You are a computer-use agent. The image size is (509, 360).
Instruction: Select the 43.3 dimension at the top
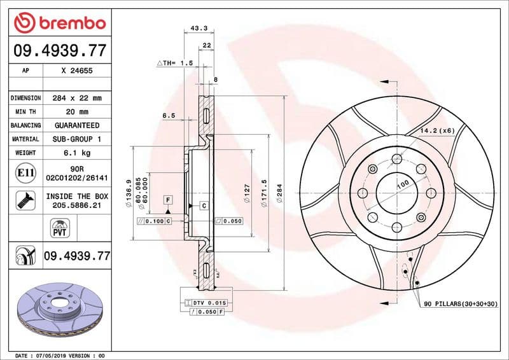[199, 28]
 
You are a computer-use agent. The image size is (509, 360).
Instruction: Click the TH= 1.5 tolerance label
[174, 64]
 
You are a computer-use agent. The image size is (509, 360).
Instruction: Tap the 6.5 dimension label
[168, 116]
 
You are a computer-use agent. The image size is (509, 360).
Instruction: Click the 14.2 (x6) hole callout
[435, 130]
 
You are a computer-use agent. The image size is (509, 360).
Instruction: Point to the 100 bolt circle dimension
[403, 185]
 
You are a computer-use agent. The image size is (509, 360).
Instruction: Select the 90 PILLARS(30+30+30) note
[461, 305]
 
